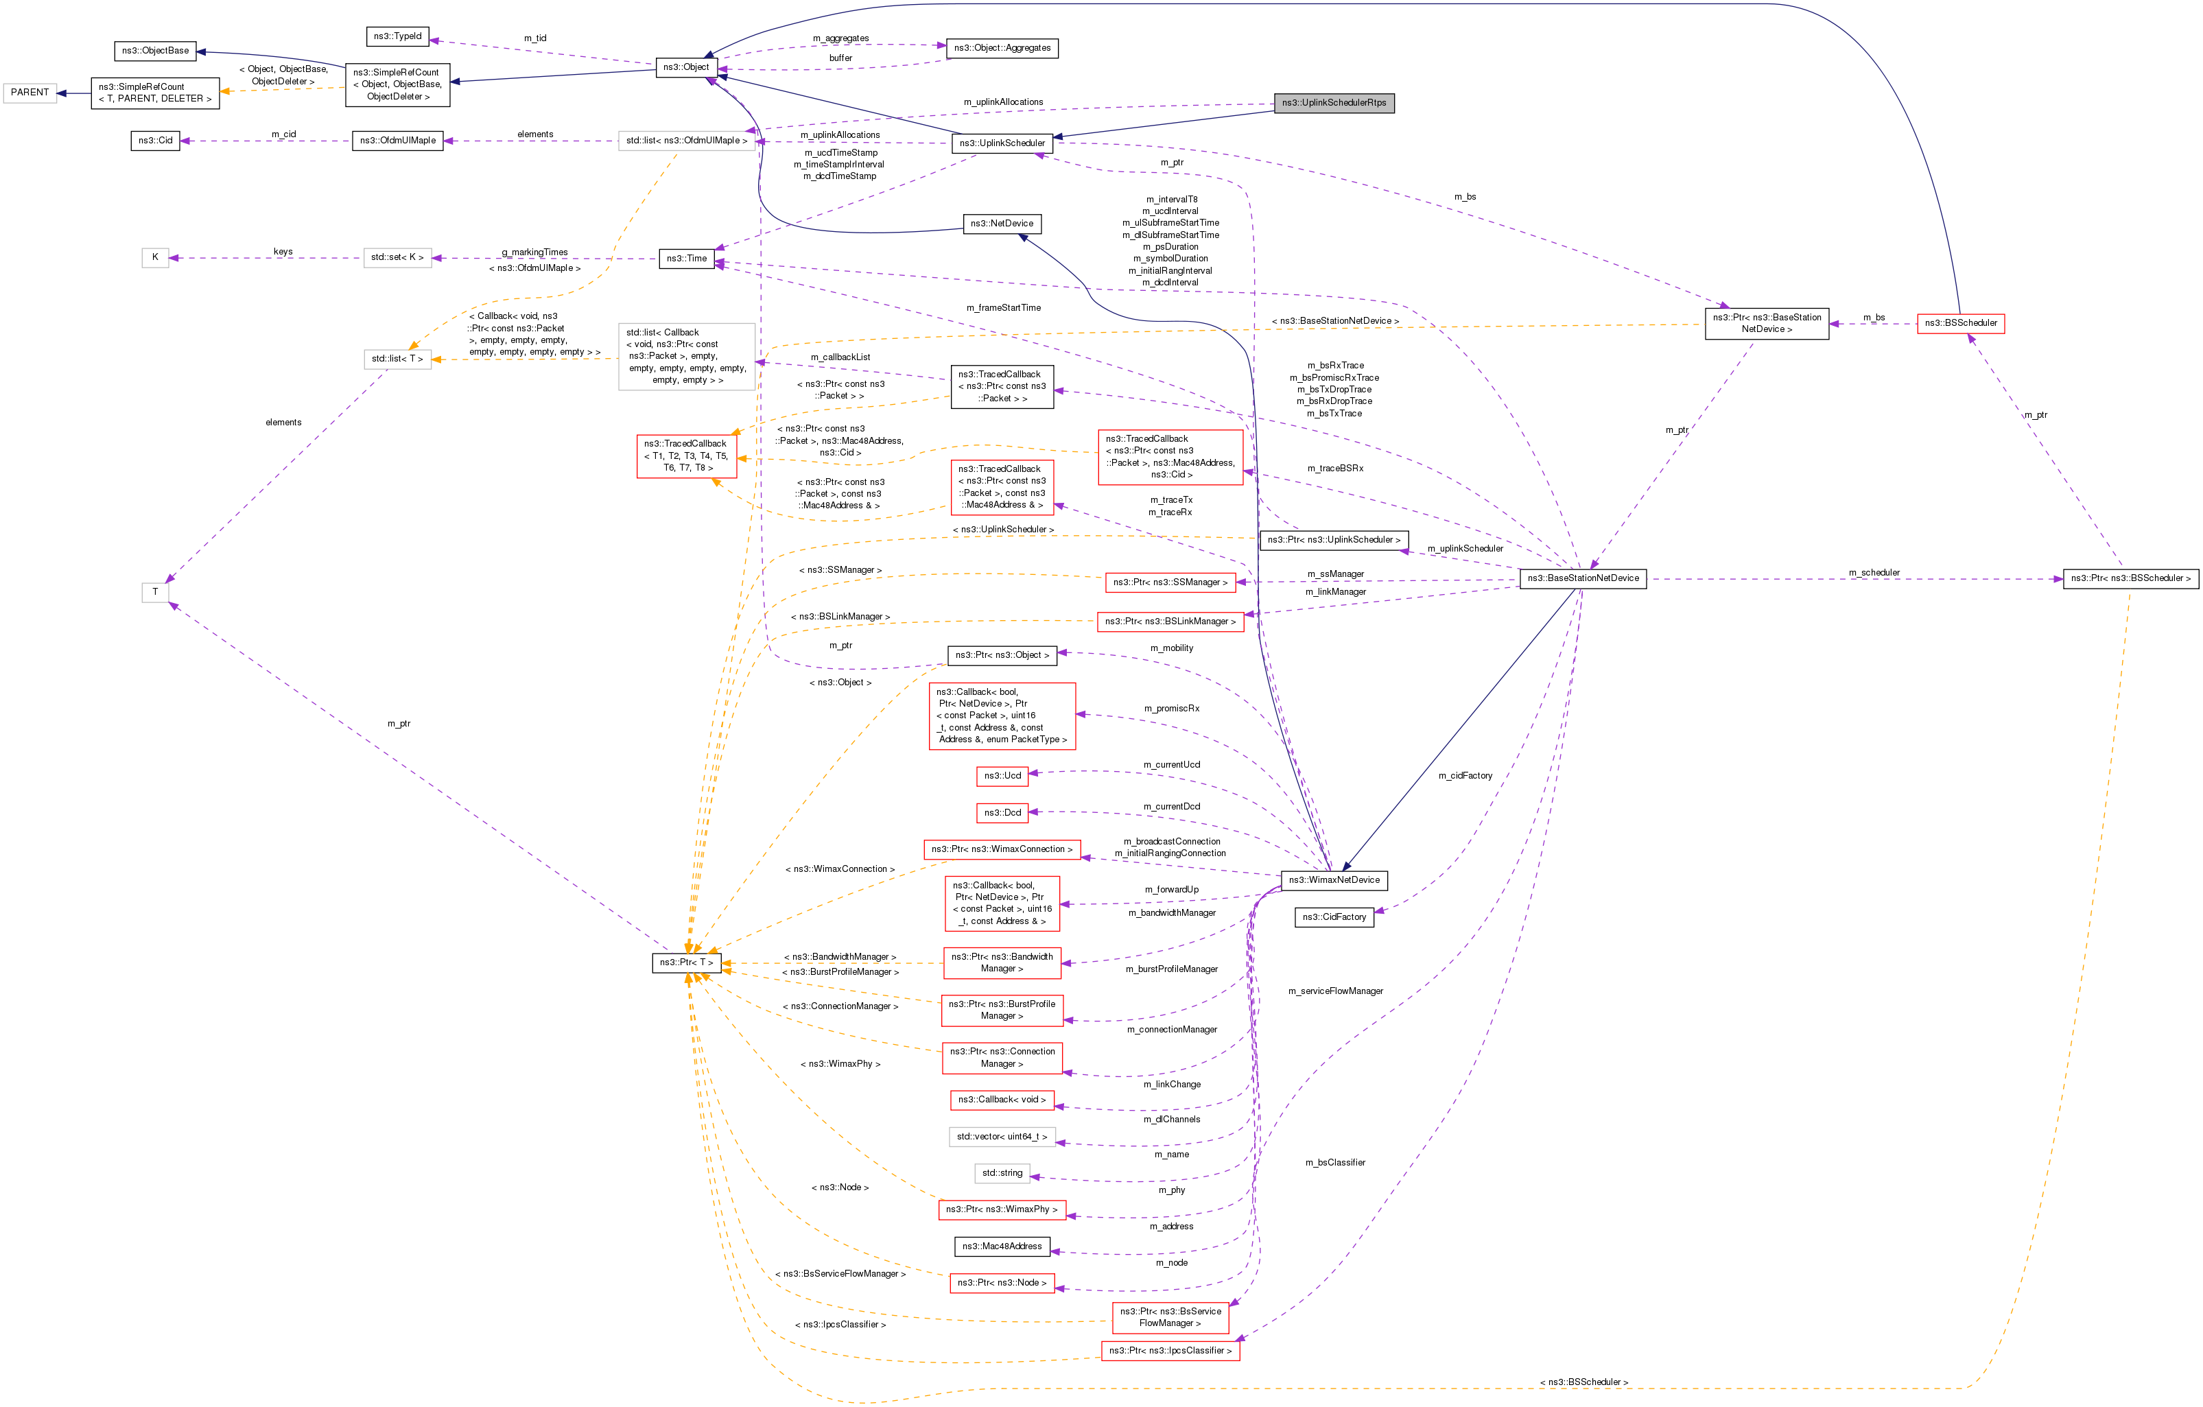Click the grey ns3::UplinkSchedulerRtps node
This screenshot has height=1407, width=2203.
[1333, 102]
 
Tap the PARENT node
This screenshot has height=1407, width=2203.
[30, 93]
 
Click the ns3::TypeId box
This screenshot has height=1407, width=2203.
[398, 36]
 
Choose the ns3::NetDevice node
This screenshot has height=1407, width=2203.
[1002, 223]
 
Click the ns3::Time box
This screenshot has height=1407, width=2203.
[686, 258]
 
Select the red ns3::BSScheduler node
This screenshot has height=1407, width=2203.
[1961, 323]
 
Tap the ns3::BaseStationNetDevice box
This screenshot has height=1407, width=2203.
[1583, 578]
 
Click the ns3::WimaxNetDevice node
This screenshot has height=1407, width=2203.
[1334, 880]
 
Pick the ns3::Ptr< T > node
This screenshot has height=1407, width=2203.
[686, 962]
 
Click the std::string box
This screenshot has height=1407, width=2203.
[1002, 1173]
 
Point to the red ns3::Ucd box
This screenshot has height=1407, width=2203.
[1002, 776]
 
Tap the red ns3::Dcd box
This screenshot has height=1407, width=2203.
[1002, 812]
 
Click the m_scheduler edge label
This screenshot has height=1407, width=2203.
[1874, 573]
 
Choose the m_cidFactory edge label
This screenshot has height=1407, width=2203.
[1465, 776]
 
